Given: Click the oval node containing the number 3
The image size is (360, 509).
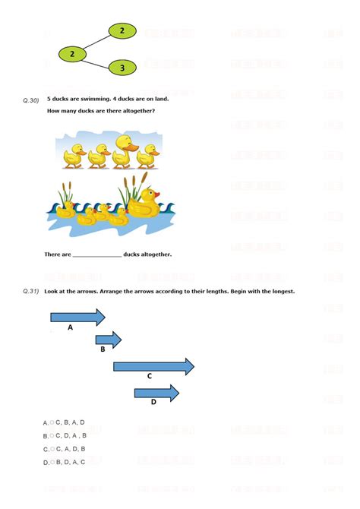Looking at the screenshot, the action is click(122, 68).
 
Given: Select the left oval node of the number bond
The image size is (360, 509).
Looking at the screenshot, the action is click(72, 54).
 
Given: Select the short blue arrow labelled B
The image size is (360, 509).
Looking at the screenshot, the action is click(108, 340).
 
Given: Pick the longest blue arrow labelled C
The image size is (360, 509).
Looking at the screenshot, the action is click(153, 366).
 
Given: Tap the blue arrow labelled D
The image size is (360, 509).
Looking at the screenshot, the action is click(156, 393).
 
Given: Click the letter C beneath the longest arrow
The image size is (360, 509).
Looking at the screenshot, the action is click(150, 376).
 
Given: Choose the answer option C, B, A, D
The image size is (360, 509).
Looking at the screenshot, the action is click(69, 422).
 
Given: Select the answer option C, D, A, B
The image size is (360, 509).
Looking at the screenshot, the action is click(71, 435).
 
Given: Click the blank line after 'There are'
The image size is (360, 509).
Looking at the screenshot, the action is click(97, 255).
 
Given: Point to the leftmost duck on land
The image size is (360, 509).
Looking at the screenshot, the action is click(74, 155).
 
